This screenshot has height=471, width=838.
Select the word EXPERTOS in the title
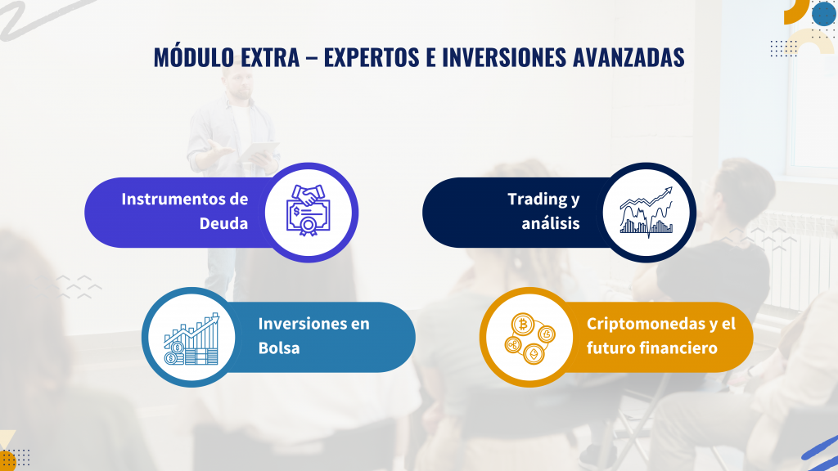tap(372, 57)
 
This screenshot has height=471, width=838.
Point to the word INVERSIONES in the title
tap(504, 57)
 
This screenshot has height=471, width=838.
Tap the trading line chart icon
tap(647, 212)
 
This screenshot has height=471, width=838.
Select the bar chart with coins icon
tap(191, 339)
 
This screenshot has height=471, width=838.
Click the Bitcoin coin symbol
tap(523, 324)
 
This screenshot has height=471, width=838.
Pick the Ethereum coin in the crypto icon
tap(534, 353)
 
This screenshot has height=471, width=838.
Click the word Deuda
tap(223, 223)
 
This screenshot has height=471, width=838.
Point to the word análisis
tap(551, 222)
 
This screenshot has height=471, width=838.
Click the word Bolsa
tap(279, 348)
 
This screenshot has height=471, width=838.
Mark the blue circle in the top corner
tap(823, 13)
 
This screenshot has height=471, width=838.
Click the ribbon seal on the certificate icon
tap(308, 226)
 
